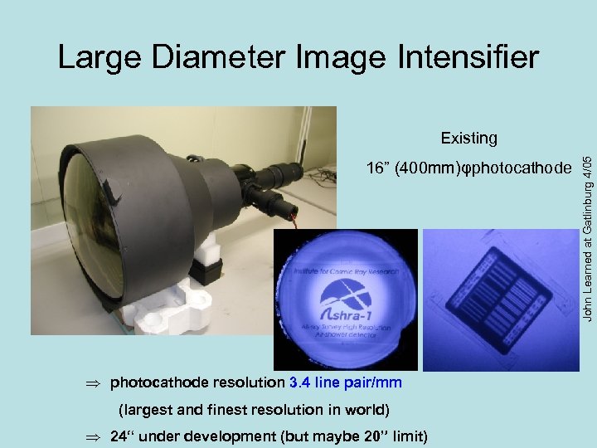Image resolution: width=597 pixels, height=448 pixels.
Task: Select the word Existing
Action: (x=468, y=138)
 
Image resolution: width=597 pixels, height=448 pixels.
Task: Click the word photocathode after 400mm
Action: (x=522, y=168)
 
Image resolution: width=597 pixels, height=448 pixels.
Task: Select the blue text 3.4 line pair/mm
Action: (x=345, y=382)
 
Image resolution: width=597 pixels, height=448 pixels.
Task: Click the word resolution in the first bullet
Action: (x=248, y=382)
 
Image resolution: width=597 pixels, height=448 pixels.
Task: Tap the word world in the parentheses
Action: (x=368, y=409)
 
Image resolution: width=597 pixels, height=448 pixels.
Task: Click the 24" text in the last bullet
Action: (x=124, y=436)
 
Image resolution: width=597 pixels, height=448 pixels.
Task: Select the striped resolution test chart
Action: (x=499, y=299)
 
